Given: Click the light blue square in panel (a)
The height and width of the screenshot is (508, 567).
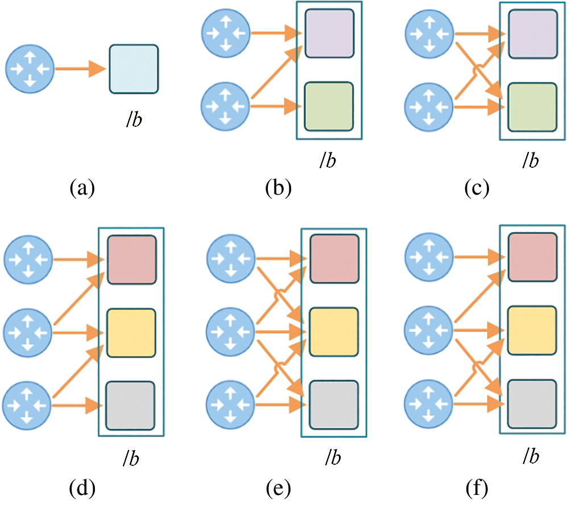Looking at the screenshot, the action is coord(134,69).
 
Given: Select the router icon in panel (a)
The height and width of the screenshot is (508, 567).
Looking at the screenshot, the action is coord(30,69).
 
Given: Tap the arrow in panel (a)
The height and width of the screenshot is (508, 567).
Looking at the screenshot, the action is coord(80,69).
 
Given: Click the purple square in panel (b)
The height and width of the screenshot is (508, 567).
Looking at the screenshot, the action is coord(329,34).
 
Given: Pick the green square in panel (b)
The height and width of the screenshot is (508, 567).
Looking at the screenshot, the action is coord(329,107).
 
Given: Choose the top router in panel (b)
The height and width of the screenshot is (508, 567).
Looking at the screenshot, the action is coord(226,34).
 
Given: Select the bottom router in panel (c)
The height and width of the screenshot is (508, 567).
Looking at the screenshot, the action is coord(428,108).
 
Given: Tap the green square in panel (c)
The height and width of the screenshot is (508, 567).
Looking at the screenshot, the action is coord(532,108).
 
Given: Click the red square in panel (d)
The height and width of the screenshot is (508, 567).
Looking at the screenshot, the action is coord(131,260).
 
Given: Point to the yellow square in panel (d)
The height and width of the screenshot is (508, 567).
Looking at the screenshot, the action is coord(131,333).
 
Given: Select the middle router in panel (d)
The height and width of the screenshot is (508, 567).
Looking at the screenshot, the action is coord(28,333).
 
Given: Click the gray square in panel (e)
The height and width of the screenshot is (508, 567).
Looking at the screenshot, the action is coord(334,405).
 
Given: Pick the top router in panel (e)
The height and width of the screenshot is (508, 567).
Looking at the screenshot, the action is coord(231,259).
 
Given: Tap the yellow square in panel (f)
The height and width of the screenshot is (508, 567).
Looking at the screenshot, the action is coord(532,331).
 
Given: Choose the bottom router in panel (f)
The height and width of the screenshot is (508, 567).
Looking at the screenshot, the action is coord(428,404).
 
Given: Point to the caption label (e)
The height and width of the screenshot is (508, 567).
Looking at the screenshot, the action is coord(278,489).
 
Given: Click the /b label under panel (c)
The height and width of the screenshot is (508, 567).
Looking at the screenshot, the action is coord(531,159).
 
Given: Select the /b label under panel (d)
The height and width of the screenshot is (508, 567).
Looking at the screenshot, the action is coord(131,458).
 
